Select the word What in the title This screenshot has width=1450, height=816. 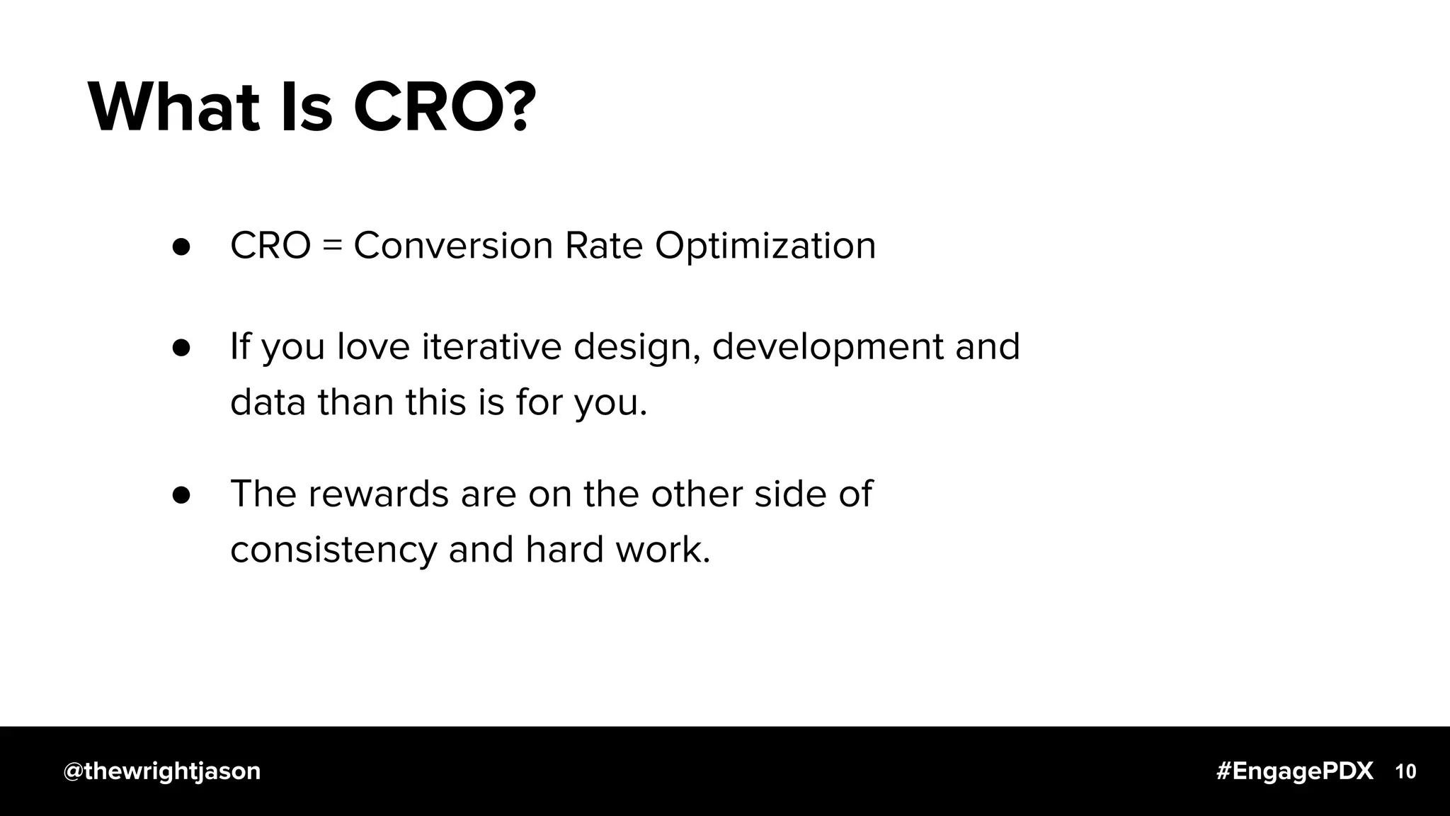click(173, 108)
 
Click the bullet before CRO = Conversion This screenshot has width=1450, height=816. click(181, 246)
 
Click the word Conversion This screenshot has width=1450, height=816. click(453, 246)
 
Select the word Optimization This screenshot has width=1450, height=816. click(765, 247)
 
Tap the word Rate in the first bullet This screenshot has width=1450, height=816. click(603, 246)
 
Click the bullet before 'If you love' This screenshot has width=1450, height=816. click(181, 347)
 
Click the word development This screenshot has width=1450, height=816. click(828, 348)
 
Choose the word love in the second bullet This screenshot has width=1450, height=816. click(373, 346)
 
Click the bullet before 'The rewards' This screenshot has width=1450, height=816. click(181, 494)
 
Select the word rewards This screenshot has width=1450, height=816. click(379, 494)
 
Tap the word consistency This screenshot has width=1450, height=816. click(333, 550)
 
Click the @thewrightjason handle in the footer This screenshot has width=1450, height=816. click(162, 771)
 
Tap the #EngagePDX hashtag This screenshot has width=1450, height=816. click(1295, 771)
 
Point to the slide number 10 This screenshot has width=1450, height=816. click(1405, 771)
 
